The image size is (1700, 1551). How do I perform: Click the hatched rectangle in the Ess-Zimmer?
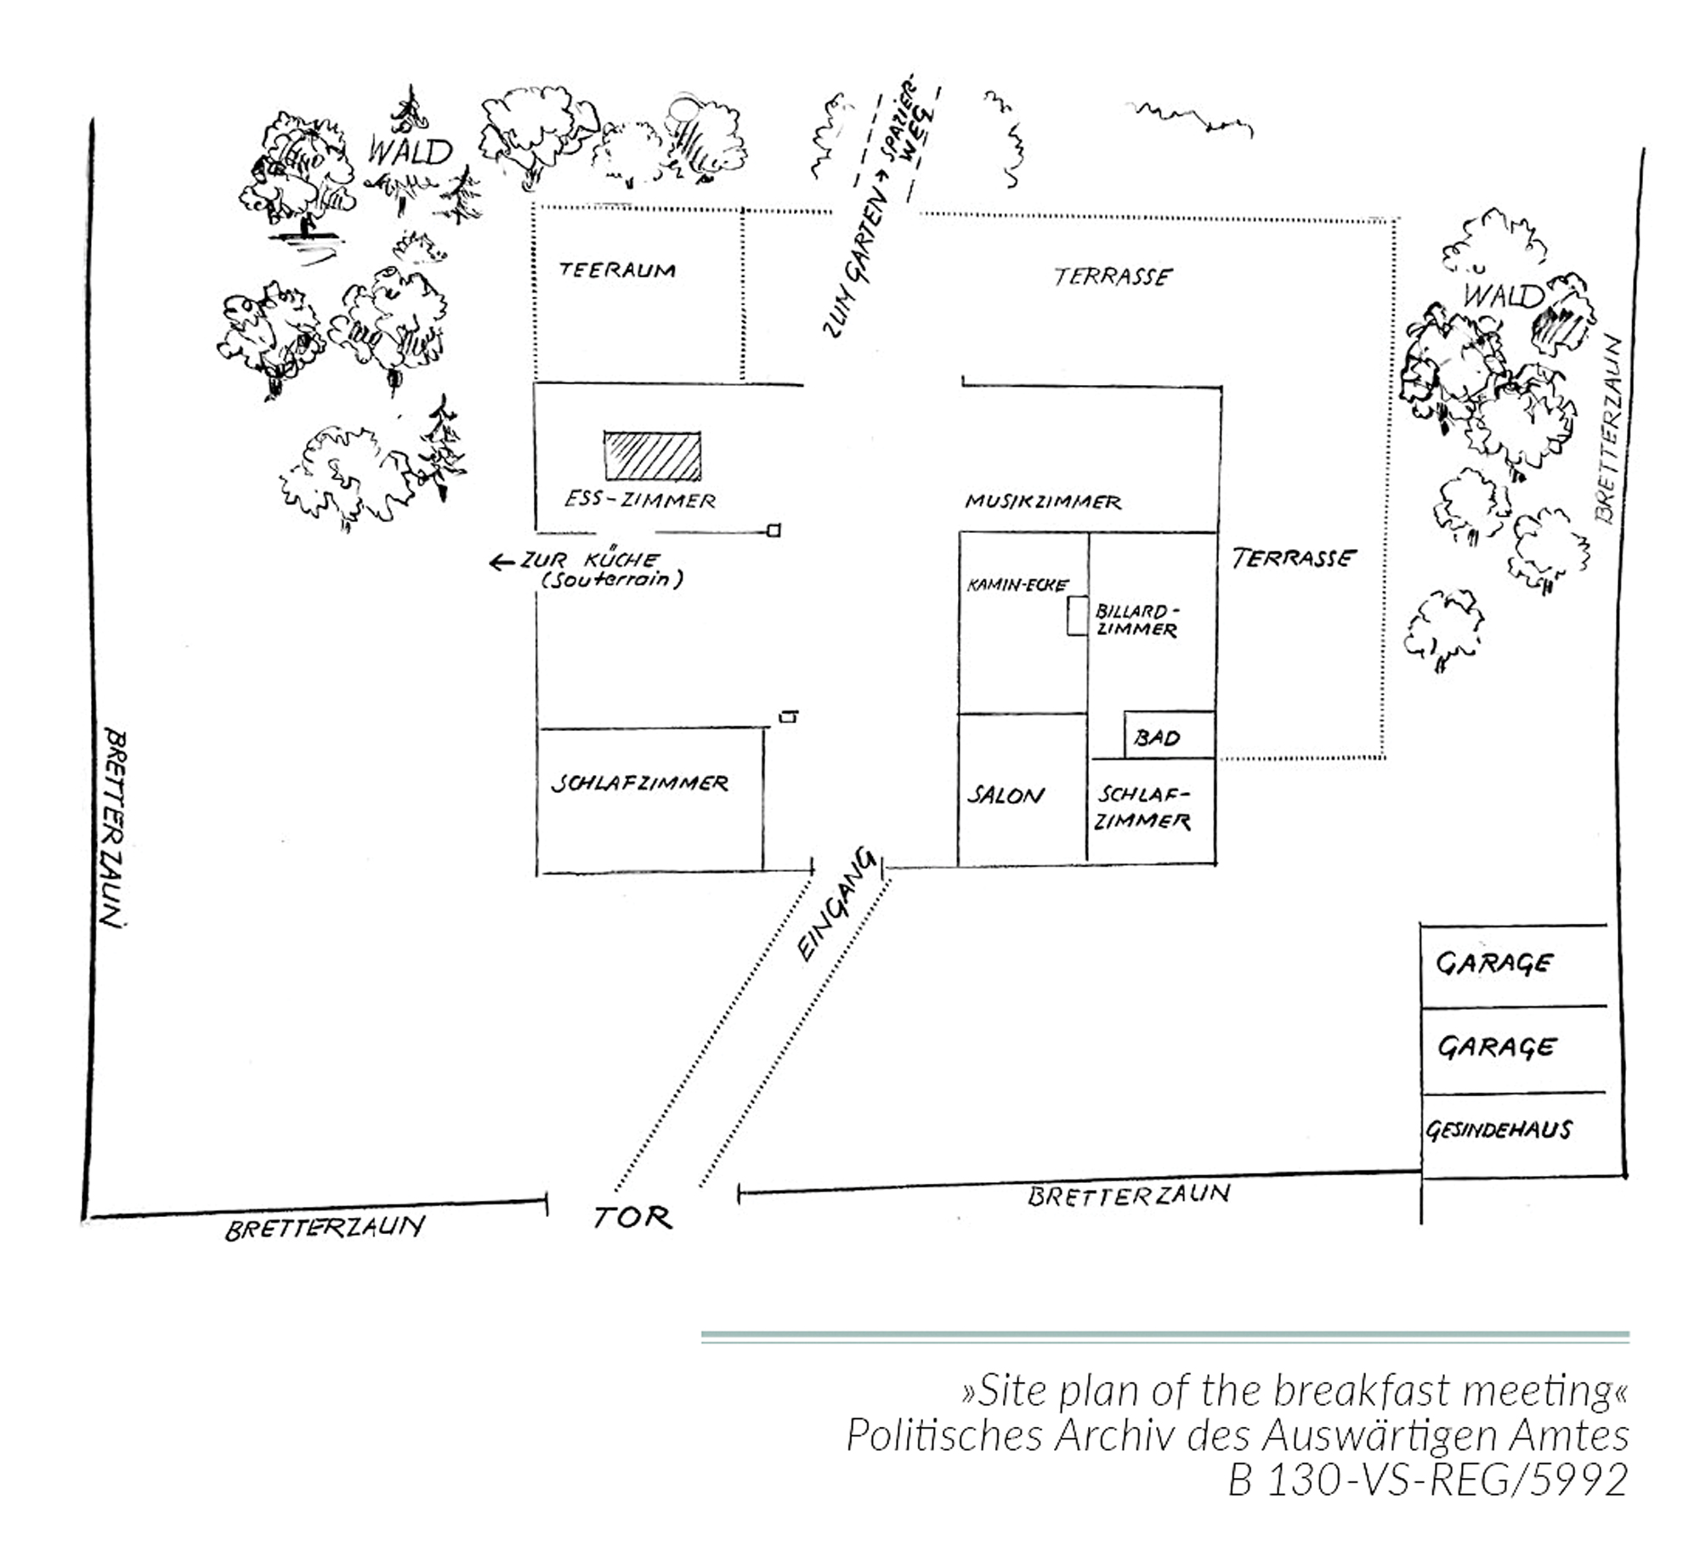pos(652,456)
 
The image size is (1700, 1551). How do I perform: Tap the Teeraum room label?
pos(617,270)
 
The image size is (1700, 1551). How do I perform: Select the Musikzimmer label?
pos(1043,501)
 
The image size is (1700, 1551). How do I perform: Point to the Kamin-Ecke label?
pos(1017,585)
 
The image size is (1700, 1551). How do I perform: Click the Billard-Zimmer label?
pos(1136,620)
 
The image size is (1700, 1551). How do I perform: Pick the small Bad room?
pos(1168,736)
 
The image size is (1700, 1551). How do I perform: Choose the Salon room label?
pos(1006,795)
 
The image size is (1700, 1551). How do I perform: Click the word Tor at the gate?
pos(632,1218)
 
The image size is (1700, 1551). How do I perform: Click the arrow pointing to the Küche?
pos(501,562)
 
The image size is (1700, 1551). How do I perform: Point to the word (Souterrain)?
pos(612,580)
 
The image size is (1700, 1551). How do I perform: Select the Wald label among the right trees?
pos(1501,295)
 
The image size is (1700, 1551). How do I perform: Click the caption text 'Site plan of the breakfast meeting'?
pos(1295,1391)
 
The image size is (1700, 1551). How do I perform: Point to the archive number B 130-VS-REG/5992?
pos(1427,1480)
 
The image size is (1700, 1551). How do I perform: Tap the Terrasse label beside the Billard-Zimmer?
pos(1293,558)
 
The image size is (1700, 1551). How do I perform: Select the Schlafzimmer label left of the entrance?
pos(639,783)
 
